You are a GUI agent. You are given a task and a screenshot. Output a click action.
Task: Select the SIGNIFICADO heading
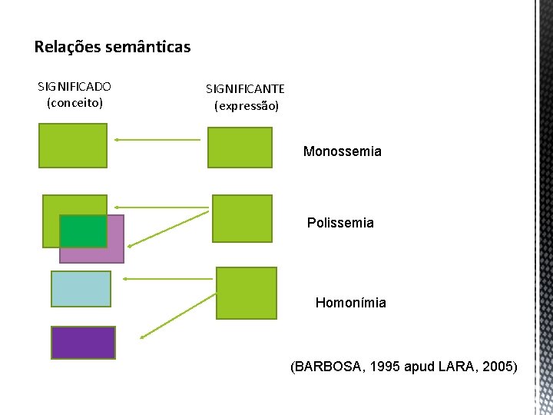click(x=75, y=87)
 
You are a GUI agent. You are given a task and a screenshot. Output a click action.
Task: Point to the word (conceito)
click(x=75, y=102)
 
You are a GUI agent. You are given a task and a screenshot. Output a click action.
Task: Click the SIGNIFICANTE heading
click(x=245, y=89)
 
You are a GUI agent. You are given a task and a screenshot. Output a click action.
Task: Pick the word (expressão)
click(x=246, y=105)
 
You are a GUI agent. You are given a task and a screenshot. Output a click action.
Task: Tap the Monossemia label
click(x=342, y=151)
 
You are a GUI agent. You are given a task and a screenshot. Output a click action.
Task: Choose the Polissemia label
click(x=340, y=223)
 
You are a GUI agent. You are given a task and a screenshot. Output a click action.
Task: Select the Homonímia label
click(x=350, y=303)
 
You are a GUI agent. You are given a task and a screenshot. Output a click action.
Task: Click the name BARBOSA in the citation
click(x=328, y=367)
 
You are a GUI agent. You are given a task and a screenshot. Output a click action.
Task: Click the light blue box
click(x=81, y=289)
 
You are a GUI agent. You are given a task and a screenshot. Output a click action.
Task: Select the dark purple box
click(x=83, y=343)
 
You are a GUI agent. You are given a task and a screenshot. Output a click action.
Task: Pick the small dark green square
click(x=83, y=231)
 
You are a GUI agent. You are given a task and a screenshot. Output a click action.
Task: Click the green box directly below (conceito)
click(x=73, y=146)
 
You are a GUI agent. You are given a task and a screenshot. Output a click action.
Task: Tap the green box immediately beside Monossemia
click(x=240, y=148)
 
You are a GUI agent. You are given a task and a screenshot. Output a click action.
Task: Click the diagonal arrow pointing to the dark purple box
click(x=178, y=316)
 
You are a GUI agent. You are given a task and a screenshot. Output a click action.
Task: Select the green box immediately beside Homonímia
click(x=247, y=293)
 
